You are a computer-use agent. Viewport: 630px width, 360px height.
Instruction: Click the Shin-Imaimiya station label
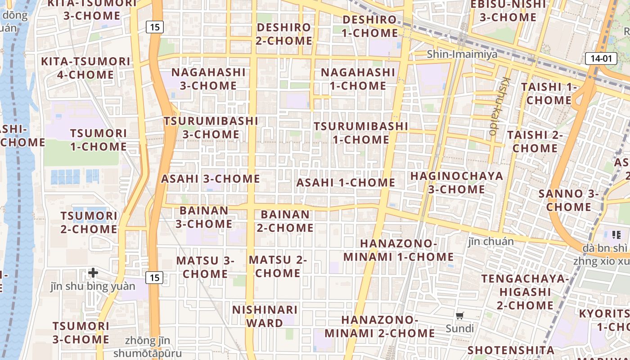(462, 54)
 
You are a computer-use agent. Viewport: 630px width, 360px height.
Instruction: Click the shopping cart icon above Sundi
(459, 316)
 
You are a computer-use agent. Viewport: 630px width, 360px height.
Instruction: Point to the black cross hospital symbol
(93, 272)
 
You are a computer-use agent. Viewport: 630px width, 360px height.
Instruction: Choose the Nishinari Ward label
(265, 316)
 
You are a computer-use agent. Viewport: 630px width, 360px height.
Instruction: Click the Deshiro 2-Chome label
(284, 34)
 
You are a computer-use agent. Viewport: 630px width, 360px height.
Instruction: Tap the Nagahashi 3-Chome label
(208, 79)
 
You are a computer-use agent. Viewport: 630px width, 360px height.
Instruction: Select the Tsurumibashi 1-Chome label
(361, 133)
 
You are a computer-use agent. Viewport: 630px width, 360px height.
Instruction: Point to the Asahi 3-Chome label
(211, 179)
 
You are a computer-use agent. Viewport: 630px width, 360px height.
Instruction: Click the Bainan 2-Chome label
(285, 221)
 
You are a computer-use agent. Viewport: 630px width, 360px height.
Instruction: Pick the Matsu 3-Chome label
(205, 267)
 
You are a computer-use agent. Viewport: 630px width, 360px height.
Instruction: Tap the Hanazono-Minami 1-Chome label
(399, 250)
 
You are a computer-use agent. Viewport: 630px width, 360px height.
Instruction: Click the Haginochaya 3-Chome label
(456, 182)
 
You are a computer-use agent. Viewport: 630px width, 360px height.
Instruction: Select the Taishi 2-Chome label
(535, 141)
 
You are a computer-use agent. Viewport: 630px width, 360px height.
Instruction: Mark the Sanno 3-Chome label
(569, 200)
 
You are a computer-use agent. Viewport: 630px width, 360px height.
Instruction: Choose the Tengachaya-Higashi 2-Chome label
(525, 292)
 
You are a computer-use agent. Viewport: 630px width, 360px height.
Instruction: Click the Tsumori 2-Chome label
(89, 222)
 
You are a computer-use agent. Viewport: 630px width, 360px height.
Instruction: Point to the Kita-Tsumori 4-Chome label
(85, 68)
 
